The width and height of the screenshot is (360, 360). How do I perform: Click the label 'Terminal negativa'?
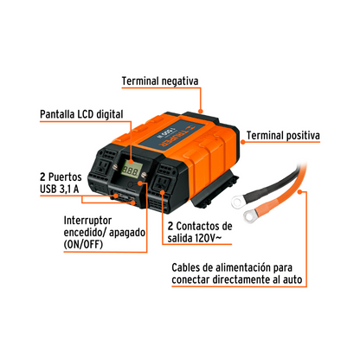[160, 81]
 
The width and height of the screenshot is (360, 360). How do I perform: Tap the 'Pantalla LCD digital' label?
[81, 114]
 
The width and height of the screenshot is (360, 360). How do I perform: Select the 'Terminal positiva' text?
[283, 136]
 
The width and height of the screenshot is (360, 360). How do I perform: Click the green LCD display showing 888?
[131, 170]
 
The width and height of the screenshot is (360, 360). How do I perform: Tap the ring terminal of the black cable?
[237, 201]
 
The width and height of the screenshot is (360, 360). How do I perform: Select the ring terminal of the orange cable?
[249, 215]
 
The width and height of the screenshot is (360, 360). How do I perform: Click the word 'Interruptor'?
[87, 221]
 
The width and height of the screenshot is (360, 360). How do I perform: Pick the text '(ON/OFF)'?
[83, 244]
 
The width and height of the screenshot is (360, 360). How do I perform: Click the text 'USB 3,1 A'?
[59, 189]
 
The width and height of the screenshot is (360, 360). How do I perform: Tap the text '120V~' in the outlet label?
[209, 238]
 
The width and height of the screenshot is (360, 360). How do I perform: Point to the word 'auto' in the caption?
[292, 280]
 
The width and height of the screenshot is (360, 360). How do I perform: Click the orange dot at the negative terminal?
[201, 111]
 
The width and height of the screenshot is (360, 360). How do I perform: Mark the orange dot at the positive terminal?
[242, 142]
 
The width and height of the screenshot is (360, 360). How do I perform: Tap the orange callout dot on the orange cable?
[300, 191]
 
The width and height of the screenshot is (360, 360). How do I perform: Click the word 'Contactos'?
[196, 226]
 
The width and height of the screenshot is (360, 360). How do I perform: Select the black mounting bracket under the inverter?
[215, 192]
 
